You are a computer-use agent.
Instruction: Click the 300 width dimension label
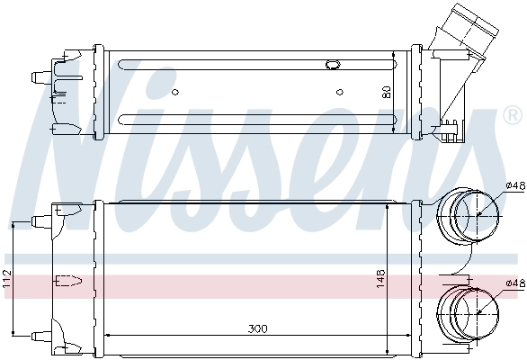click(x=257, y=329)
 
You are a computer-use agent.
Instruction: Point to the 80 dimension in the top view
click(x=387, y=91)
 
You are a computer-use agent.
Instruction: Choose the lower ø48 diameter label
click(x=514, y=283)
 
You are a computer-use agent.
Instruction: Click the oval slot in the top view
click(x=332, y=65)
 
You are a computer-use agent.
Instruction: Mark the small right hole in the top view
click(x=340, y=90)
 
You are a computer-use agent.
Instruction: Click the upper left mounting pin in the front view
click(x=40, y=220)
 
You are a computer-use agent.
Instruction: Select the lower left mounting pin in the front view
click(x=40, y=336)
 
